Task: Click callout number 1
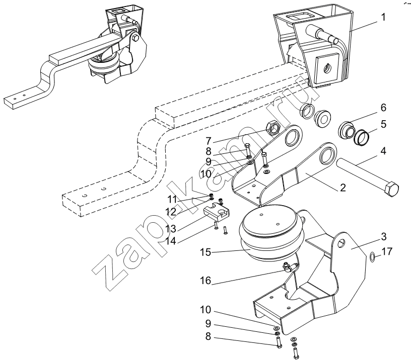pos(383,18)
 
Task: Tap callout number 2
pos(343,187)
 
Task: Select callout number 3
pos(383,236)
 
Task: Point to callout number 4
pos(383,151)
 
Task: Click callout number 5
pos(383,124)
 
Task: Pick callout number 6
pos(383,108)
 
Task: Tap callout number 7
pos(209,141)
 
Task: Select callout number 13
pos(171,229)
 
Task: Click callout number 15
pos(205,253)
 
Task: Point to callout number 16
pos(205,281)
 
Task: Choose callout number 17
pos(387,251)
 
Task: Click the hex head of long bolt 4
pos(391,188)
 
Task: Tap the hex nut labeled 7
pos(272,127)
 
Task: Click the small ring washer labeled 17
pos(372,257)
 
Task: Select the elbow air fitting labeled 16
pos(290,268)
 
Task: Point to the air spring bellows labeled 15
pos(271,236)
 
